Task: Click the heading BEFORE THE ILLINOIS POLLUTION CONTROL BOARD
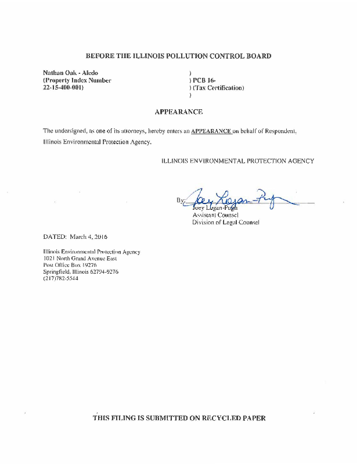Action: (178, 56)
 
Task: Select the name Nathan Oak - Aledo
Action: (70, 73)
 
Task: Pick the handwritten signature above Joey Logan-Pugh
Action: (238, 201)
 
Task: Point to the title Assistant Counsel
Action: (215, 215)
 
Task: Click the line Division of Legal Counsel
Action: (226, 222)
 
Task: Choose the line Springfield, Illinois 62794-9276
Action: (81, 271)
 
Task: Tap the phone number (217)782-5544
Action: (61, 278)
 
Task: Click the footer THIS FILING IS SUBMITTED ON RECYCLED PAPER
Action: (179, 418)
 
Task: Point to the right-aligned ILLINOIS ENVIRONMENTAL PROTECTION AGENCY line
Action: (237, 160)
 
